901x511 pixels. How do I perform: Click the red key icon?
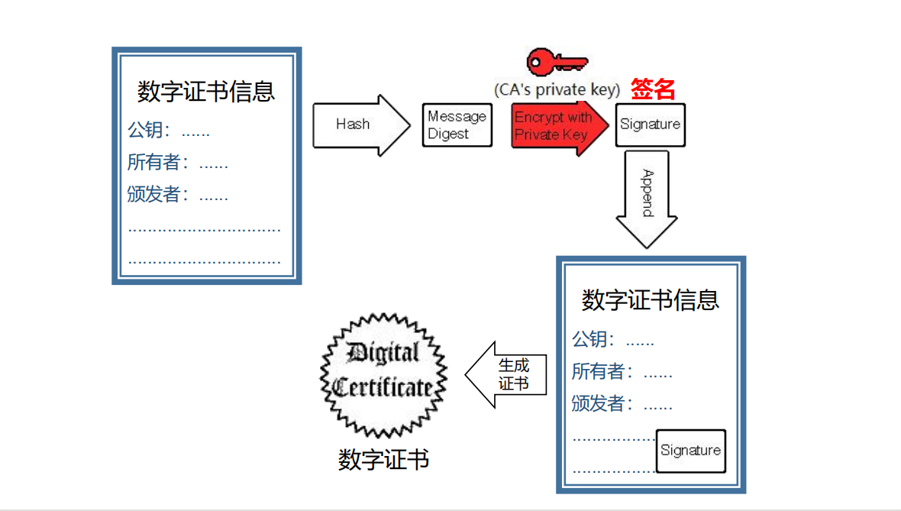point(557,61)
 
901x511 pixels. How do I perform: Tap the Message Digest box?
point(457,125)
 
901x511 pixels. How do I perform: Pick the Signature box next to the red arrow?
point(650,125)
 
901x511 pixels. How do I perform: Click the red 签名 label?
point(653,89)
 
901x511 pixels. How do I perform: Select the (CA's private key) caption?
point(557,89)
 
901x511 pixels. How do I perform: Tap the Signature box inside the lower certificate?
point(690,451)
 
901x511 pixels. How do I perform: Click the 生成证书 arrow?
point(508,374)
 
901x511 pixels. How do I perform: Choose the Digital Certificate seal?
point(383,374)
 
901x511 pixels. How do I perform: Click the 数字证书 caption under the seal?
point(383,459)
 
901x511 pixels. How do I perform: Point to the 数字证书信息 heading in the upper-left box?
point(206,92)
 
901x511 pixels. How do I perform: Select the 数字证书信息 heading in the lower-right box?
point(650,300)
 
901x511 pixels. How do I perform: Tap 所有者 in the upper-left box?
point(158,163)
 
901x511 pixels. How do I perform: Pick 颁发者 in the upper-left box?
point(158,195)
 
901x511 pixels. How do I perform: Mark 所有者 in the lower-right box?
point(602,372)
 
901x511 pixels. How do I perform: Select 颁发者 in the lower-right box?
point(602,404)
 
